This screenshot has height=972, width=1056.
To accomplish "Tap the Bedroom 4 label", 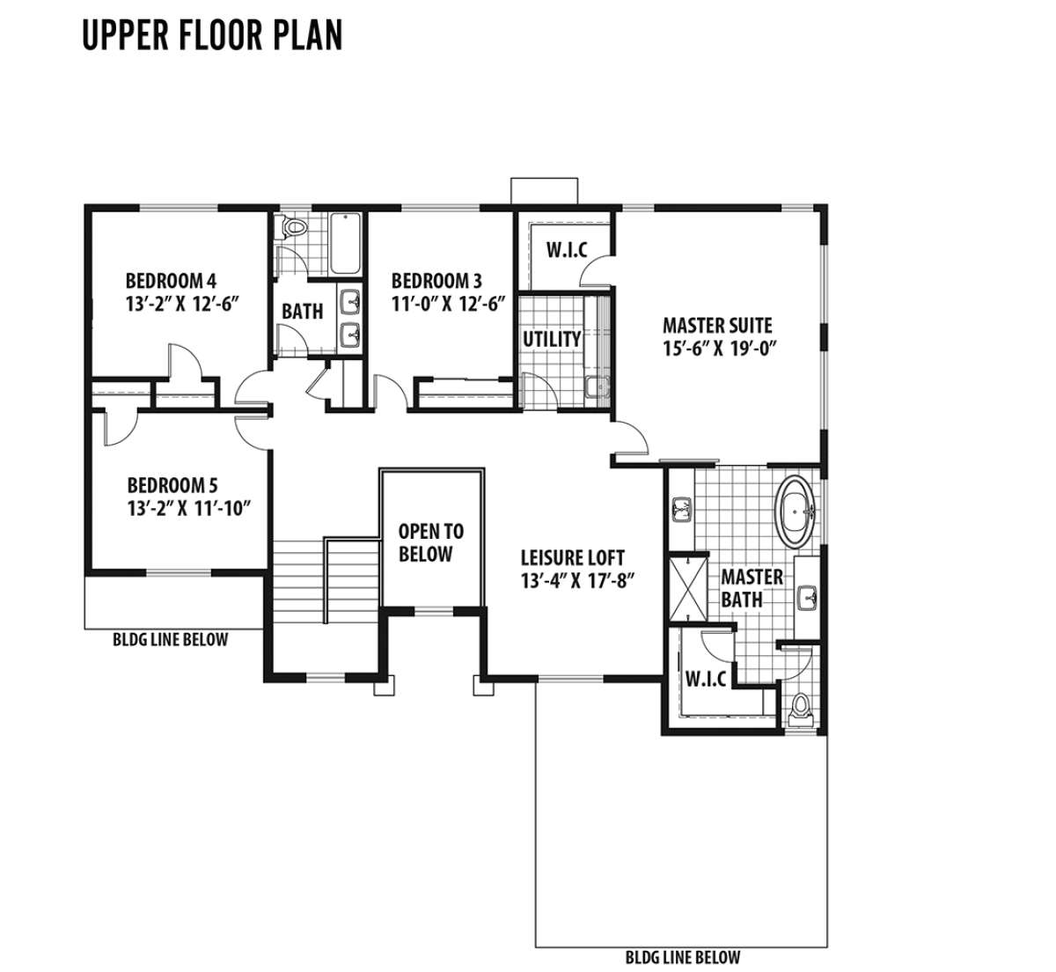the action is click(171, 281).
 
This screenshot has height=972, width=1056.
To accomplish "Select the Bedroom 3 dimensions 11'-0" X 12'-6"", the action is click(448, 304).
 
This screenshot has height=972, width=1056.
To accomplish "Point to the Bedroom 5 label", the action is click(172, 485).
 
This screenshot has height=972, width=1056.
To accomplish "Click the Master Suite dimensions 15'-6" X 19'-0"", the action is click(720, 349).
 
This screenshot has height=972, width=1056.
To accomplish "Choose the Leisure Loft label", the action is click(572, 557).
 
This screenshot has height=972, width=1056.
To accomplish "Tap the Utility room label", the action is click(552, 339).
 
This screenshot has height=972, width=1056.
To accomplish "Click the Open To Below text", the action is click(430, 542).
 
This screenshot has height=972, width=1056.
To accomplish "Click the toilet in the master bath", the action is click(800, 708).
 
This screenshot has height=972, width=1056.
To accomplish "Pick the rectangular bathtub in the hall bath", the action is click(345, 243).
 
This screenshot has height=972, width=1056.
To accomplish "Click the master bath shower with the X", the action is click(688, 588).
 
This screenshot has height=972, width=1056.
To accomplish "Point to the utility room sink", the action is click(597, 387).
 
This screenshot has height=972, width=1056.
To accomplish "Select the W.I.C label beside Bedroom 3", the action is click(567, 250).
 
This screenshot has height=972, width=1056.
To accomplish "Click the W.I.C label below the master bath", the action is click(706, 679).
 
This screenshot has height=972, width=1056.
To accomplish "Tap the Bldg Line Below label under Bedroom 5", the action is click(171, 639).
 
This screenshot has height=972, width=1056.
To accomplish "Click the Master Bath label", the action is click(752, 588).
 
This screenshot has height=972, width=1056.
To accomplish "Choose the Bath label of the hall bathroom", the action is click(302, 312).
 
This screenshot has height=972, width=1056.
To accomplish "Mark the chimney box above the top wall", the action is click(545, 191).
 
